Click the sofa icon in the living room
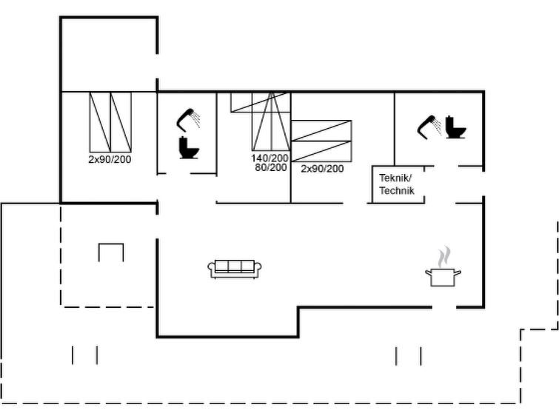(235, 269)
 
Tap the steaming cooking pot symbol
(443, 267)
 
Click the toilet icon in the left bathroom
(189, 147)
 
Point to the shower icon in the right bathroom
(429, 127)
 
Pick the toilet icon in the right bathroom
(455, 127)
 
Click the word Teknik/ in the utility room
(395, 178)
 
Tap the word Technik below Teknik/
(397, 190)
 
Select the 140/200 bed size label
(270, 158)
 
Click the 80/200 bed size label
(271, 167)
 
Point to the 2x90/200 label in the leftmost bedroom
(110, 159)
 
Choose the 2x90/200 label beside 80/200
(322, 168)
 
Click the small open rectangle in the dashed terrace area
(111, 252)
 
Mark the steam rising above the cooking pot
(443, 257)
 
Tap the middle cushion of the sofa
(235, 266)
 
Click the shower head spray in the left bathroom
(195, 119)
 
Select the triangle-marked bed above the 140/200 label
(271, 121)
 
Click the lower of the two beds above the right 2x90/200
(321, 151)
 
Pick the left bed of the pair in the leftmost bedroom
(100, 122)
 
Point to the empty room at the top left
(109, 54)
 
